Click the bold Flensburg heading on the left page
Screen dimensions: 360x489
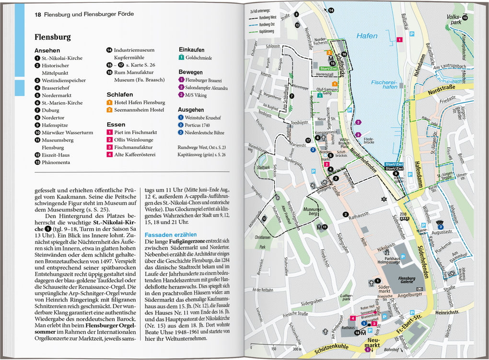coord(53,37)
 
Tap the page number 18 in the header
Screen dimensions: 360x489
coord(38,14)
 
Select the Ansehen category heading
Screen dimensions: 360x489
coord(47,50)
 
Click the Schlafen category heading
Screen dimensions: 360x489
coord(119,94)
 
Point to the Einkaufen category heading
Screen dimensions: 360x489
coord(191,50)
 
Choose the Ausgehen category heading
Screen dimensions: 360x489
coord(190,110)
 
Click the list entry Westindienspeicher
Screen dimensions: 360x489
coord(63,81)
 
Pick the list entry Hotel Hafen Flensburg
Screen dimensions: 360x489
coord(139,103)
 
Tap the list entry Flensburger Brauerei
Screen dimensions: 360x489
coord(203,80)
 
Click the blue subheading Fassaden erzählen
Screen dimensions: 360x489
coord(171,235)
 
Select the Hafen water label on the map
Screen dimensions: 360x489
coord(367,36)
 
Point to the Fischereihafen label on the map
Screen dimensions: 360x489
coord(384,84)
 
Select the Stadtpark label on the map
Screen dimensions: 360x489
coord(264,168)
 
